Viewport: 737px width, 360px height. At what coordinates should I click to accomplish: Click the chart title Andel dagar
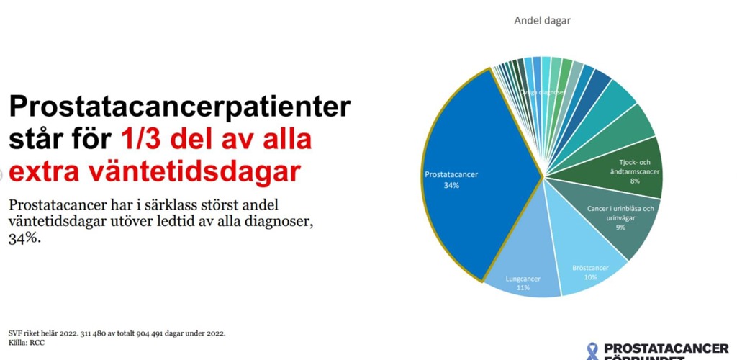[542, 21]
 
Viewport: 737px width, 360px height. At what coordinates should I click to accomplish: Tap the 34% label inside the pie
[451, 185]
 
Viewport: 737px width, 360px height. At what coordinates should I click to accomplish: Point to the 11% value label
[523, 288]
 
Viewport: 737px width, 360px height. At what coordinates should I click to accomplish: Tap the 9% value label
[620, 228]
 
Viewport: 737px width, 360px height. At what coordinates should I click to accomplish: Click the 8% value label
[634, 181]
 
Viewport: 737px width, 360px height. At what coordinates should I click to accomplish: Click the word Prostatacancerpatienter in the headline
[179, 107]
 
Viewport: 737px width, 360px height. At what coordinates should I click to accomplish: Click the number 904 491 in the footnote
[151, 333]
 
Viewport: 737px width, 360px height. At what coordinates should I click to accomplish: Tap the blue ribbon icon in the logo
[592, 351]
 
